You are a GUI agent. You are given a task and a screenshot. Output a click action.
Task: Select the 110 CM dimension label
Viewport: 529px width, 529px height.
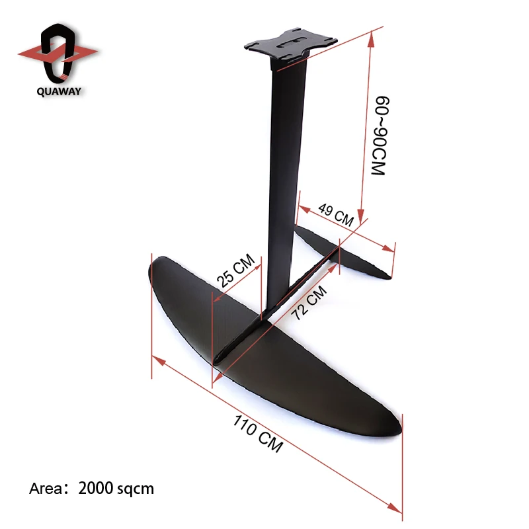coord(258,433)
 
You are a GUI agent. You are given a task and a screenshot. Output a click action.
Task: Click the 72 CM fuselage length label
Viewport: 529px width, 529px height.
coord(309,303)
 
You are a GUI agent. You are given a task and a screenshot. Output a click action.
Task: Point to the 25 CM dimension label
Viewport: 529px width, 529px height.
coord(236,271)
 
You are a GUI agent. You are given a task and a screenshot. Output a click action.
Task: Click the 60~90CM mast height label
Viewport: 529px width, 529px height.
coord(378,136)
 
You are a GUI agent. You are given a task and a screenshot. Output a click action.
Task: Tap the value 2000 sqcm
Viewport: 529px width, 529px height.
coord(116,489)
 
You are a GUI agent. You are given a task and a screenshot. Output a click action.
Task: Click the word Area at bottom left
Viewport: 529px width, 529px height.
coord(45,489)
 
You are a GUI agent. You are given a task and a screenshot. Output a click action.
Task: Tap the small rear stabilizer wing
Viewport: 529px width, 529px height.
coord(344,255)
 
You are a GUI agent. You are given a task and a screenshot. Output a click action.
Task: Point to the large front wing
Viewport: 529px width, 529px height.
coord(264,357)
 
